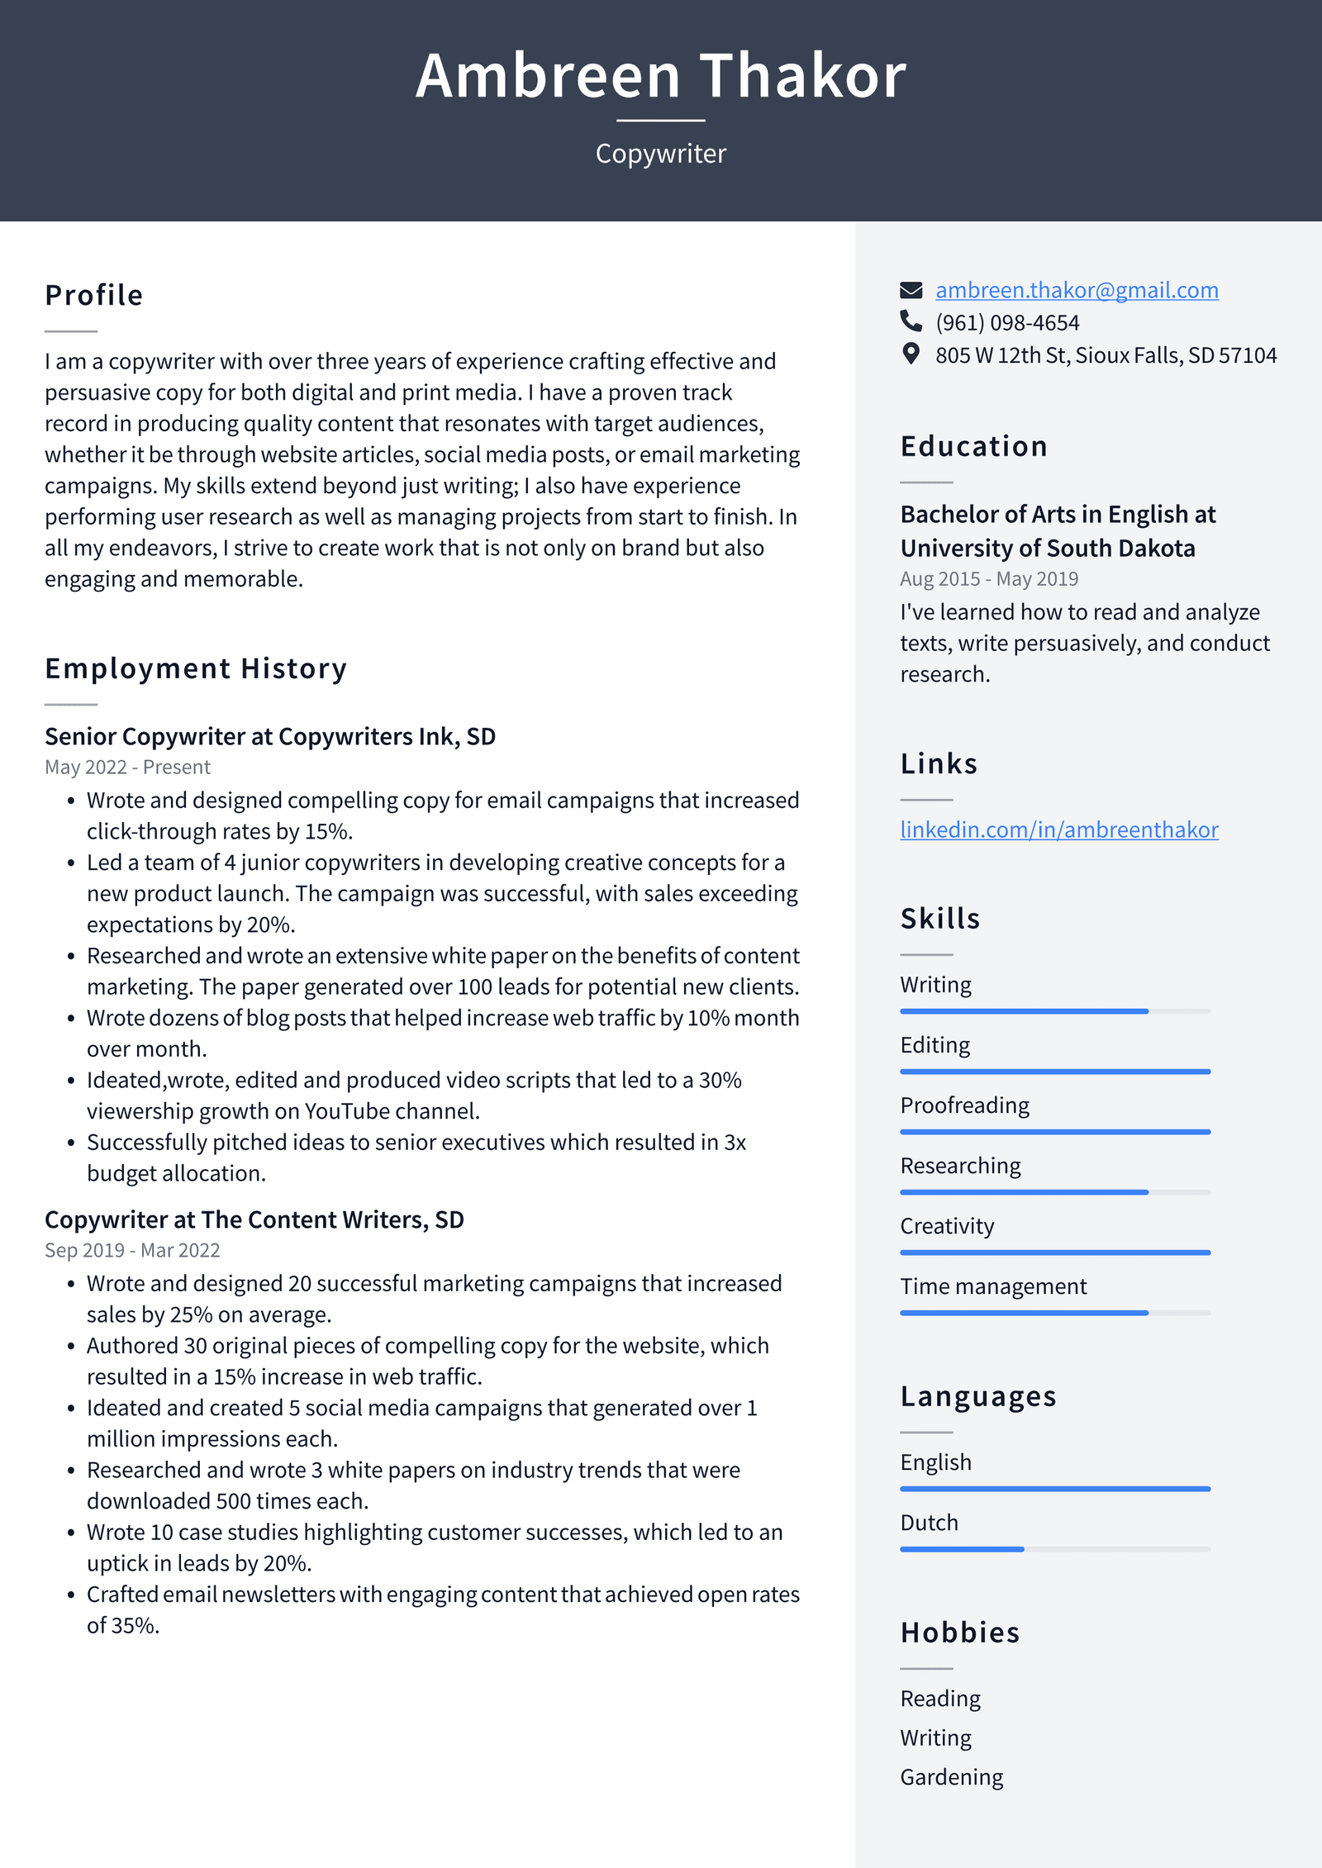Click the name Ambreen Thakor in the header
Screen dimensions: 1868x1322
click(661, 76)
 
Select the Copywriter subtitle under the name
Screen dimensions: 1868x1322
click(661, 154)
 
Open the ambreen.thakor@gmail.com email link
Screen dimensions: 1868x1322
click(1077, 290)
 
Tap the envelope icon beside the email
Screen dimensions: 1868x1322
click(911, 290)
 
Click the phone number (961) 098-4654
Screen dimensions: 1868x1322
click(1007, 322)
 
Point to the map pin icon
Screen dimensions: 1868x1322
click(911, 354)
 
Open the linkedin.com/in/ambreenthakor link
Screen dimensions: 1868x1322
click(1059, 829)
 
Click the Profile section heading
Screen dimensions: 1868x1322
click(94, 295)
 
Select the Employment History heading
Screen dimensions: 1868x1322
click(196, 668)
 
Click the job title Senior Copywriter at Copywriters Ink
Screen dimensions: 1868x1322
click(270, 736)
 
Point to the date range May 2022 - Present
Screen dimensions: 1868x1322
click(128, 768)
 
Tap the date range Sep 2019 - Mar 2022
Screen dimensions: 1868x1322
click(132, 1250)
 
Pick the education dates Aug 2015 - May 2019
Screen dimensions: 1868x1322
click(989, 579)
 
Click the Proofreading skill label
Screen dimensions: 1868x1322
click(965, 1105)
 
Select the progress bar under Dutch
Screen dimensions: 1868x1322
click(1055, 1549)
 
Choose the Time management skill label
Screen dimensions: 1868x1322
click(993, 1286)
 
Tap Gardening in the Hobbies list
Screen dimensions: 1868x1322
click(952, 1777)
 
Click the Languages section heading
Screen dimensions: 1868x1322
click(978, 1396)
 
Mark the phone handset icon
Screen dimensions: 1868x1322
click(911, 321)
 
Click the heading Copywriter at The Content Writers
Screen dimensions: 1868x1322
click(254, 1219)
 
